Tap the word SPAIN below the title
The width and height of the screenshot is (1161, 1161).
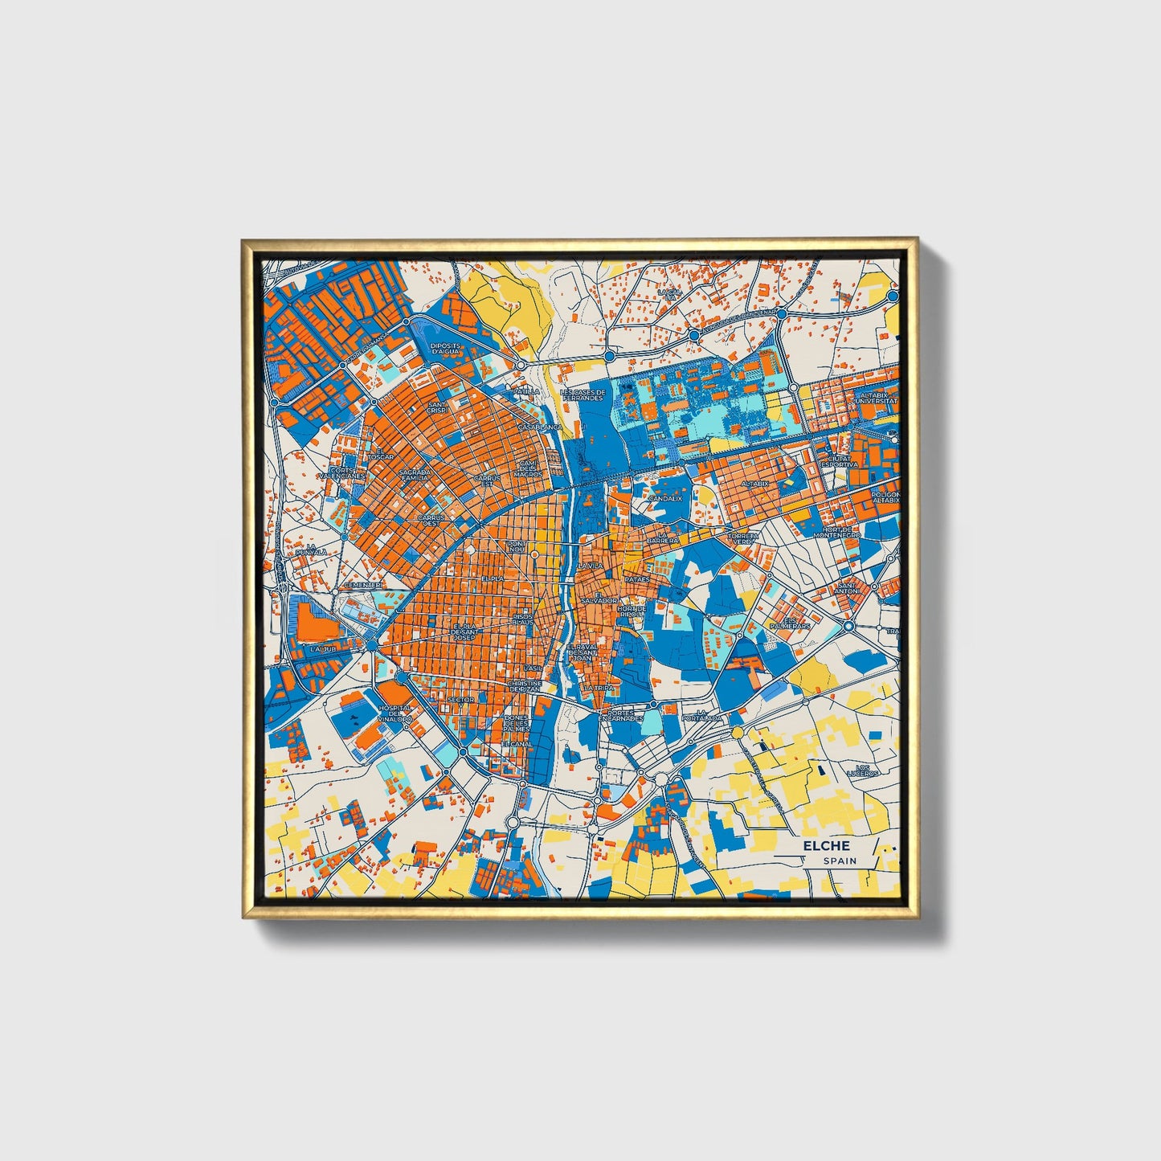pos(839,861)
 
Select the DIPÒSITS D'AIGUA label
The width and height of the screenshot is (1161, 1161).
pos(444,348)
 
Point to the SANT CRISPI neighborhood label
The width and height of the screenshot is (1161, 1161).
pos(437,407)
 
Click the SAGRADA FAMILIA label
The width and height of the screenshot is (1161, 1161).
pos(415,475)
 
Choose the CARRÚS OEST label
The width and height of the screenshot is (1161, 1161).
pos(431,521)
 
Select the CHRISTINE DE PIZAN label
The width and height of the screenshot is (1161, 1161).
pos(525,686)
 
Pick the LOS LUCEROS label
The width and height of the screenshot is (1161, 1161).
pos(863,771)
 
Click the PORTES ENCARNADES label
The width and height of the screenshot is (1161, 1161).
pos(626,715)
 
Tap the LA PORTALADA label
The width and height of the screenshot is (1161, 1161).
pos(701,715)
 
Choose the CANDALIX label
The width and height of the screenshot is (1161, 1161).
pos(665,498)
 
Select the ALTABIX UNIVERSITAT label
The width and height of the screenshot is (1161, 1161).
pos(876,398)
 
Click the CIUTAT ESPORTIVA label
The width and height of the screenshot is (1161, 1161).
pos(839,461)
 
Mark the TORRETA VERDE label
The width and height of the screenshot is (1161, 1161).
pos(742,538)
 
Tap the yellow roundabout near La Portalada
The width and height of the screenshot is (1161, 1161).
pos(737,732)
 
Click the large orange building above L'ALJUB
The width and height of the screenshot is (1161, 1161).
pos(313,622)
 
